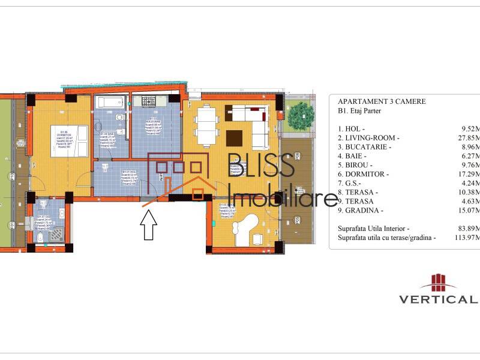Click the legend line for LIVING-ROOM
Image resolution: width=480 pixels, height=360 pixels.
click(x=369, y=138)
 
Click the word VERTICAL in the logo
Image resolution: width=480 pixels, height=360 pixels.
click(x=438, y=299)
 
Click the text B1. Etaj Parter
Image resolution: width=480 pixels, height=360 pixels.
click(x=359, y=111)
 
